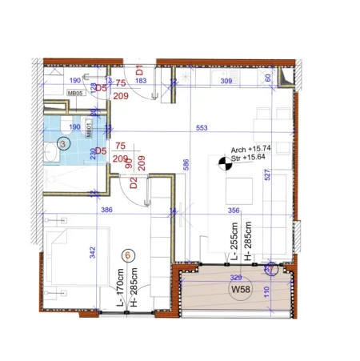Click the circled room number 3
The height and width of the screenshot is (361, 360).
(x=64, y=143)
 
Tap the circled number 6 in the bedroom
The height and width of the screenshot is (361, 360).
(x=126, y=255)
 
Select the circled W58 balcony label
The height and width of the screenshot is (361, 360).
(x=238, y=290)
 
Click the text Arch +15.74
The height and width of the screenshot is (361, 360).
(x=249, y=150)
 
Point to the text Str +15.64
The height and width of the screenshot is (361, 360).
(x=248, y=159)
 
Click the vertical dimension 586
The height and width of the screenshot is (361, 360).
(x=185, y=165)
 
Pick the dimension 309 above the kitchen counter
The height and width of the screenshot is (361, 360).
(x=226, y=82)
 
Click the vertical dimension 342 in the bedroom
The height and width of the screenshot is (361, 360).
(x=94, y=254)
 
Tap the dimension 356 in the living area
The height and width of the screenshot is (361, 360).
(x=234, y=210)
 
